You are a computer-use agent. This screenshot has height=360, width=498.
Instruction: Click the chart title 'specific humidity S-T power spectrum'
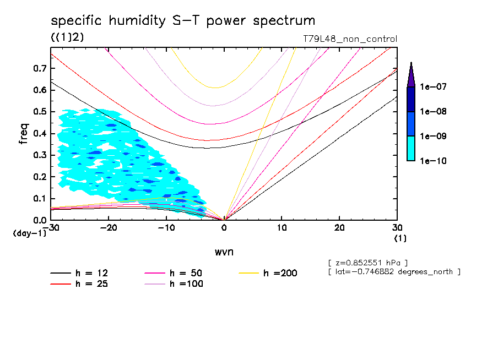183,21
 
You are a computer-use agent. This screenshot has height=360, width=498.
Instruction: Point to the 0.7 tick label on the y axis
40,68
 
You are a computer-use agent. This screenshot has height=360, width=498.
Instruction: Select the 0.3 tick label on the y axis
40,155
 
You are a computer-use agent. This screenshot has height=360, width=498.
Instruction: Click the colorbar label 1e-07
433,87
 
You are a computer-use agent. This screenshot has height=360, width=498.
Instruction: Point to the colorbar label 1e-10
433,161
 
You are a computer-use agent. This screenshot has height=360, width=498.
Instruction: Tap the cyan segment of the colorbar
410,148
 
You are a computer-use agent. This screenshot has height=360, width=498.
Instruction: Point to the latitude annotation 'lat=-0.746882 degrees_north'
394,271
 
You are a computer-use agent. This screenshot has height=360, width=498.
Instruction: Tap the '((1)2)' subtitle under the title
67,37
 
